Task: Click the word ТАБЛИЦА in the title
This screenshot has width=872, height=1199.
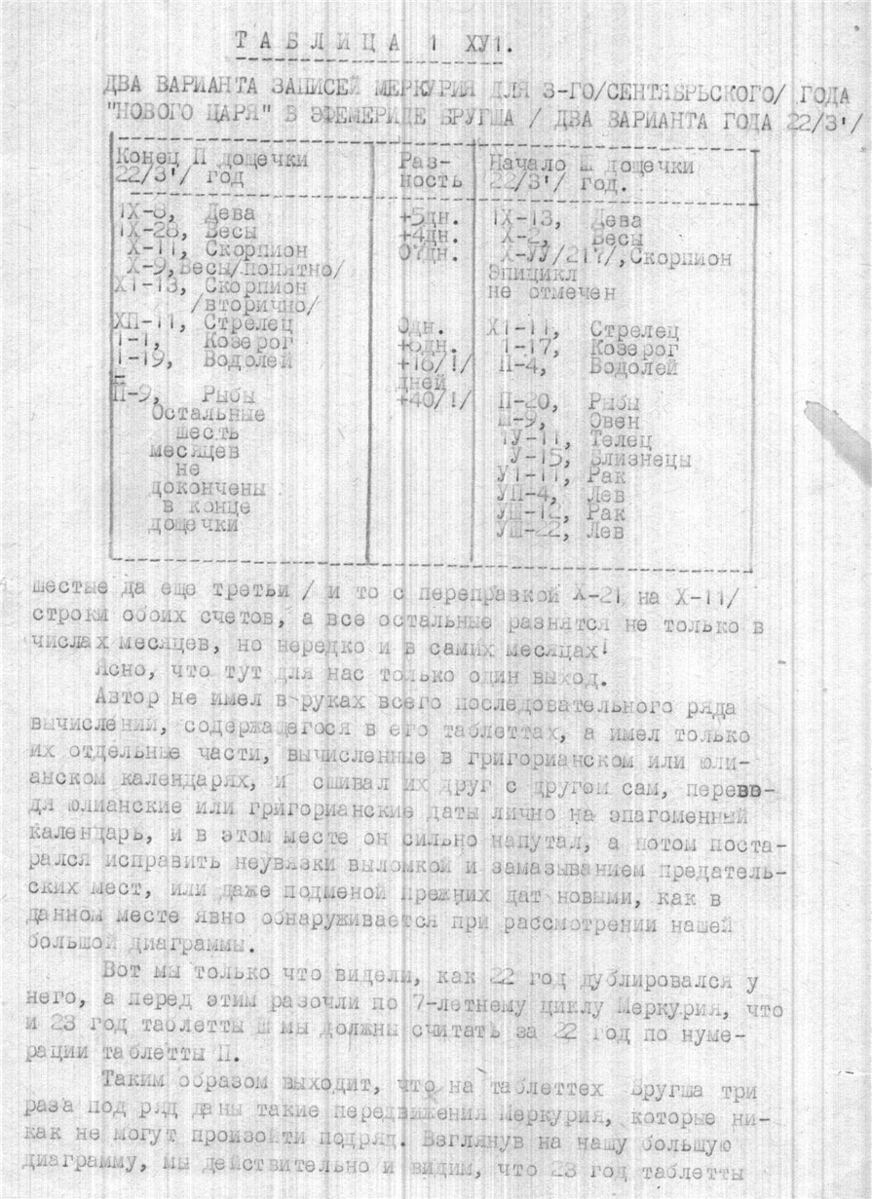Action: click(x=316, y=42)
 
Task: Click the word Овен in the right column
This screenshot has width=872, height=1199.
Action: click(x=615, y=422)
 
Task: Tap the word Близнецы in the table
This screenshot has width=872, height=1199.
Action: click(x=640, y=459)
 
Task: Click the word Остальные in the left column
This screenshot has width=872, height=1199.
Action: click(x=204, y=415)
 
